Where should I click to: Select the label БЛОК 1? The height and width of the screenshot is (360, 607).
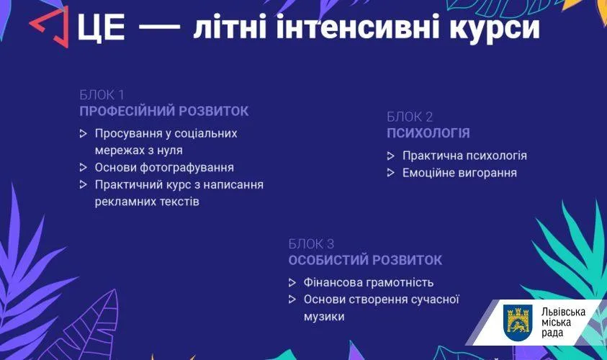click(102, 95)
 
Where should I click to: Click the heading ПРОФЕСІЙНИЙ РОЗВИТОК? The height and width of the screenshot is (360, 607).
click(164, 111)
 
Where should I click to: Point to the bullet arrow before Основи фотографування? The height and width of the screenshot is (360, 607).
click(84, 167)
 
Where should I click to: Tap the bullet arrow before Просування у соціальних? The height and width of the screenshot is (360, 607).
click(84, 133)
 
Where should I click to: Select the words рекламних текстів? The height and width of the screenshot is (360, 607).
click(147, 202)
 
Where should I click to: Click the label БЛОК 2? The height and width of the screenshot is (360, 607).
click(410, 117)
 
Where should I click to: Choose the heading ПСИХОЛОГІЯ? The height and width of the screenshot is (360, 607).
click(428, 133)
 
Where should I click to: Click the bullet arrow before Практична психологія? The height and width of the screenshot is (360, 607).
click(390, 156)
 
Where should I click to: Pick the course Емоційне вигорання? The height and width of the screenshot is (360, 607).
click(459, 173)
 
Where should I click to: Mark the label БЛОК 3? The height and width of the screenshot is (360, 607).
click(311, 244)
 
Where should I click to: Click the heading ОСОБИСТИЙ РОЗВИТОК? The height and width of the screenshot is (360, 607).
click(365, 260)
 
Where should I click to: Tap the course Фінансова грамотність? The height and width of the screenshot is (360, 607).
click(368, 282)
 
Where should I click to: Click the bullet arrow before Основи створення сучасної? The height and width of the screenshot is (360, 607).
click(292, 300)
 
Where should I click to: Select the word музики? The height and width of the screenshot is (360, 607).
click(324, 317)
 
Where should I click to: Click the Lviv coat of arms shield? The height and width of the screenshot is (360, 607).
click(518, 323)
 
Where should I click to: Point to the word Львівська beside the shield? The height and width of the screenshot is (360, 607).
click(563, 312)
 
